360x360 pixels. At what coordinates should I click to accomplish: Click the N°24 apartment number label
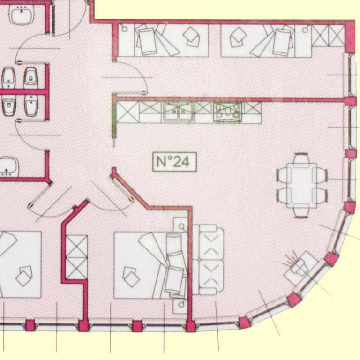[x=175, y=162]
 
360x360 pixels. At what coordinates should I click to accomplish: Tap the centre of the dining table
[x=301, y=185]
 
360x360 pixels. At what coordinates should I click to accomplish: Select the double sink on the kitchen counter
[x=178, y=112]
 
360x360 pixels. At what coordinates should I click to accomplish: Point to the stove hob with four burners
[x=227, y=112]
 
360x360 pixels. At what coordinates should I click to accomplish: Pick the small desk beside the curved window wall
[x=301, y=268]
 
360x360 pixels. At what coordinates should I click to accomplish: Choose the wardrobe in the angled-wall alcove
[x=77, y=257]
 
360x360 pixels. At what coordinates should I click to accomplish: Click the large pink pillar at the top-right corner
[x=350, y=37]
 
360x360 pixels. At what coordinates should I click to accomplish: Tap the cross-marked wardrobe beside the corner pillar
[x=328, y=36]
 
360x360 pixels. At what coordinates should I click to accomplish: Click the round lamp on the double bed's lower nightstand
[x=181, y=304]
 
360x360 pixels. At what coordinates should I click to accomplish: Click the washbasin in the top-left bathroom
[x=22, y=14]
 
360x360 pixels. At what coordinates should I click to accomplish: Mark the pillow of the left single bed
[x=146, y=41]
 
